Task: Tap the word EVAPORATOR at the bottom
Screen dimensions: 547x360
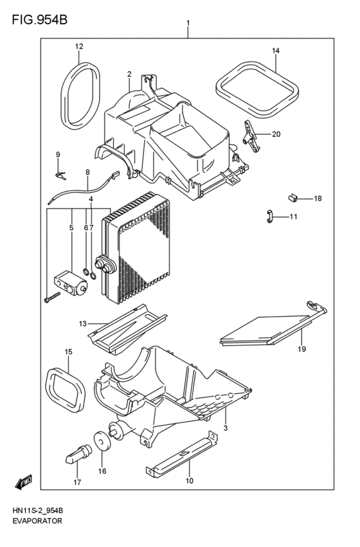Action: pos(37,521)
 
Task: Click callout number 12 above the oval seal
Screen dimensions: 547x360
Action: pos(79,46)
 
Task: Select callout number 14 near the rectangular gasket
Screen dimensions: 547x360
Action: pos(275,50)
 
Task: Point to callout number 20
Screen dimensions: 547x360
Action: pos(276,134)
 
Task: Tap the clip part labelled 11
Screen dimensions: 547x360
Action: pos(271,216)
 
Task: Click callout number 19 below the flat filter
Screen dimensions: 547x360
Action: pos(301,349)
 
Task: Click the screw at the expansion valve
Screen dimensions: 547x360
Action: pos(51,296)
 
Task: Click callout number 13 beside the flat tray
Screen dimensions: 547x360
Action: pos(82,323)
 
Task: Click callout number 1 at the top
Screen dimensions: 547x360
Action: pos(188,24)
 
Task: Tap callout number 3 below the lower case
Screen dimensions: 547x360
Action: pos(226,427)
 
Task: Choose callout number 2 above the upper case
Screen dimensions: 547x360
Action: pos(129,74)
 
